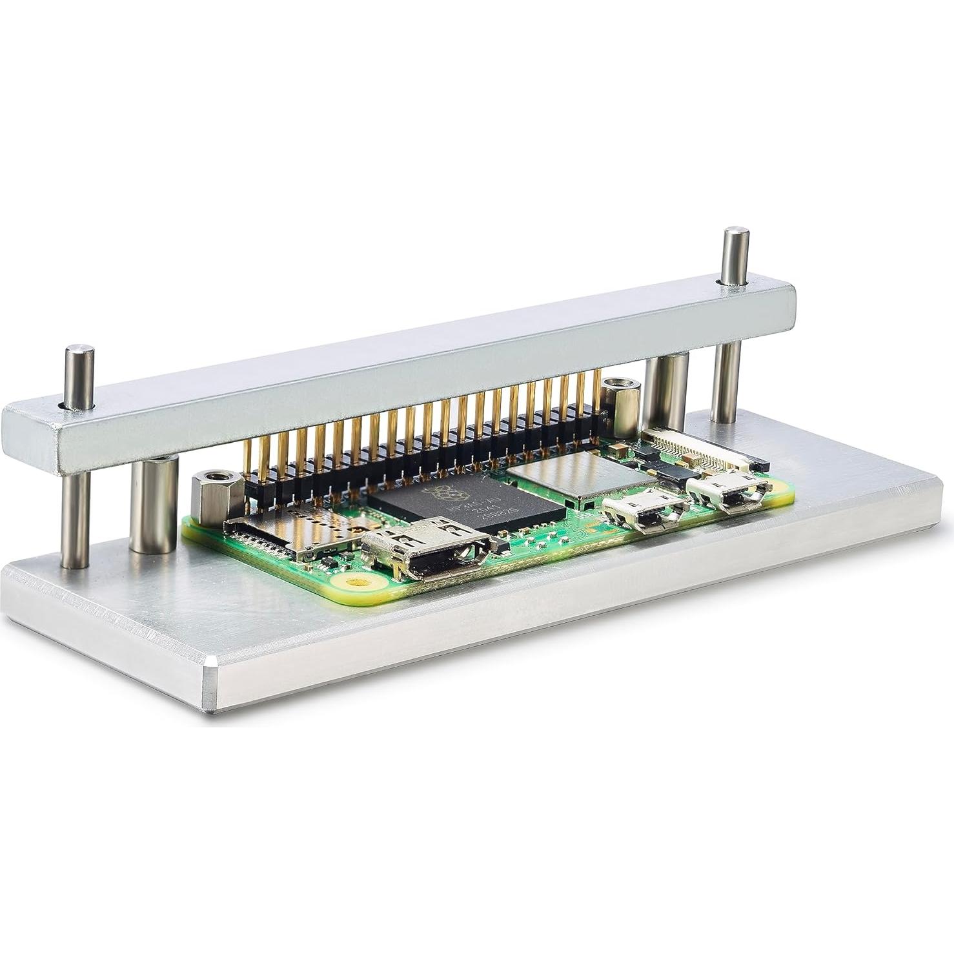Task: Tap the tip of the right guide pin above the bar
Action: (x=735, y=232)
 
